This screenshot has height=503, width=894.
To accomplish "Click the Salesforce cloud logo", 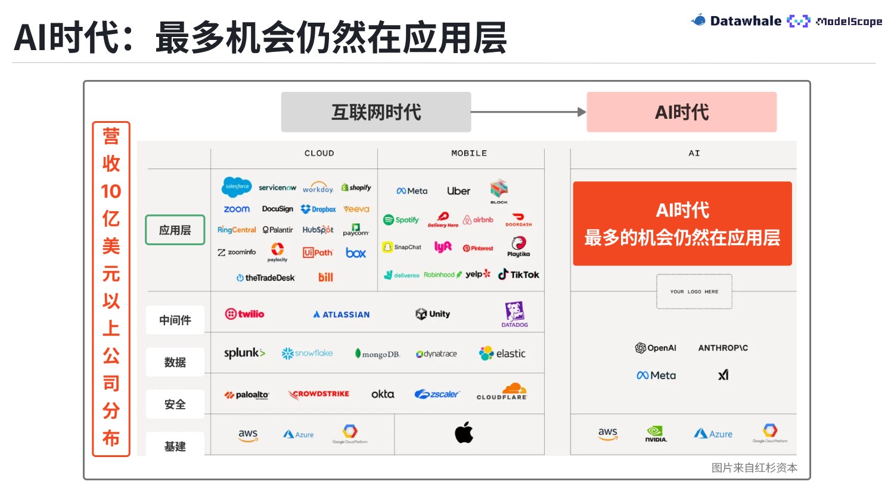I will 237,187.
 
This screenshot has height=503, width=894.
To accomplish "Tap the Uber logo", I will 458,191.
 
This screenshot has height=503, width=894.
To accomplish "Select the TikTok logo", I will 519,274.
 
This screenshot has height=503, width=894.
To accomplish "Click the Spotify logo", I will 401,220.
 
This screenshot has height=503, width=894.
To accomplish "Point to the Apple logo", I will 464,433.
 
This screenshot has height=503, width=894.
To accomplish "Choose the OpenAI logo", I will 656,348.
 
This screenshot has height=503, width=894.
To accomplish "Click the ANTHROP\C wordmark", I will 723,348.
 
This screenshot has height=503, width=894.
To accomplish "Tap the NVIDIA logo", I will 656,434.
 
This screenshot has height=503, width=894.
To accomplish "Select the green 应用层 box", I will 175,230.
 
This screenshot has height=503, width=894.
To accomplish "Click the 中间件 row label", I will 175,320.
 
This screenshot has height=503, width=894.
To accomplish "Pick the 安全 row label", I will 175,405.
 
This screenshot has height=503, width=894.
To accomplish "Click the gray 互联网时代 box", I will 376,112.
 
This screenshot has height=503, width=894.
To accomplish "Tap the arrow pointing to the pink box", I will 528,112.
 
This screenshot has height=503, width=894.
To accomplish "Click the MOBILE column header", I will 469,153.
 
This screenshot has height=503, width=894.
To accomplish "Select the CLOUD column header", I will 319,153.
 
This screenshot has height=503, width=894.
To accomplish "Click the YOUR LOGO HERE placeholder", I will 694,292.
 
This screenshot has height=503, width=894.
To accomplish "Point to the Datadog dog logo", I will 514,314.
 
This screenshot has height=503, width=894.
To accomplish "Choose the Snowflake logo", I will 307,353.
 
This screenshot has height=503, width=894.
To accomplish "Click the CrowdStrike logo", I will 319,394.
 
